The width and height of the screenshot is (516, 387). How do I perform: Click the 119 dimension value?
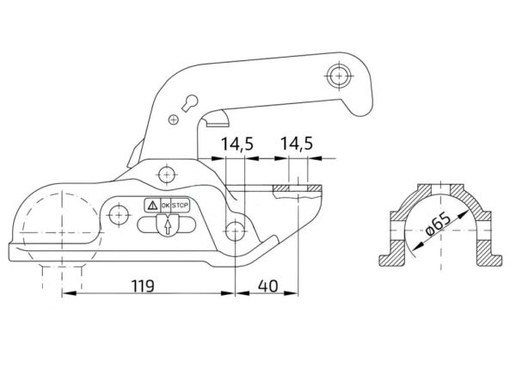pyautogui.click(x=143, y=286)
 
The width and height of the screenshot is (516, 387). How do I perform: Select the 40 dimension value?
pyautogui.click(x=267, y=286)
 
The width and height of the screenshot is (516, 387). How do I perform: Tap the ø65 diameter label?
pyautogui.click(x=438, y=224)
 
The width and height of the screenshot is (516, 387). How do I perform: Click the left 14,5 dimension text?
pyautogui.click(x=237, y=144)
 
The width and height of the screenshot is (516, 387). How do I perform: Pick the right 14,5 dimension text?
pyautogui.click(x=296, y=144)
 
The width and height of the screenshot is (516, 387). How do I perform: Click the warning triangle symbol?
pyautogui.click(x=152, y=206)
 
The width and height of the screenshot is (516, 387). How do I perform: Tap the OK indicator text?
pyautogui.click(x=165, y=206)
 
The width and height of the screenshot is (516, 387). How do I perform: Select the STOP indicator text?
pyautogui.click(x=181, y=206)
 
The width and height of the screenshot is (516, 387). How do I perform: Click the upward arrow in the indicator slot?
pyautogui.click(x=168, y=227)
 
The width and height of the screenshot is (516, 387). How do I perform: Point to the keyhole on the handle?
pyautogui.click(x=189, y=102)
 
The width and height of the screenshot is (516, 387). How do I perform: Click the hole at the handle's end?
pyautogui.click(x=339, y=76)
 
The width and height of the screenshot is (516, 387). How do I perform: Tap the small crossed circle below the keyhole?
pyautogui.click(x=174, y=120)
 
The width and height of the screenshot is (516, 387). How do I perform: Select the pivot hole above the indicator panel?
pyautogui.click(x=167, y=175)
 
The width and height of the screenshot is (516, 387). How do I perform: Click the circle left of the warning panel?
pyautogui.click(x=119, y=215)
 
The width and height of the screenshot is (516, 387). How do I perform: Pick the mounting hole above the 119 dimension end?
pyautogui.click(x=235, y=230)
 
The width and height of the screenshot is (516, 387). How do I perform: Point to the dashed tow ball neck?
pyautogui.click(x=62, y=276)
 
